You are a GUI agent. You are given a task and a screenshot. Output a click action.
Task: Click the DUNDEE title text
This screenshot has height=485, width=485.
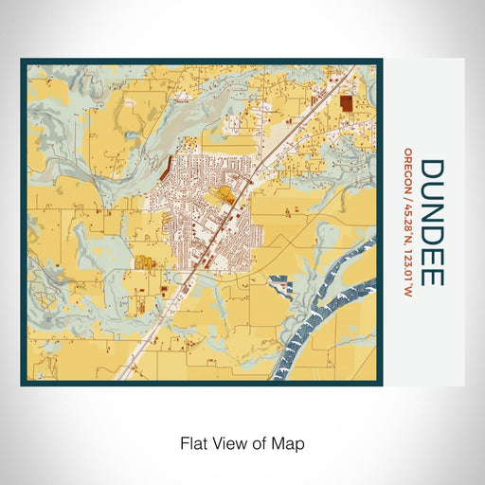pyautogui.click(x=430, y=223)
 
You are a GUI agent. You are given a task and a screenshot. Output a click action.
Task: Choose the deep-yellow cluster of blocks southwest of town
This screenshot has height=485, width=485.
pyautogui.click(x=145, y=262)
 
